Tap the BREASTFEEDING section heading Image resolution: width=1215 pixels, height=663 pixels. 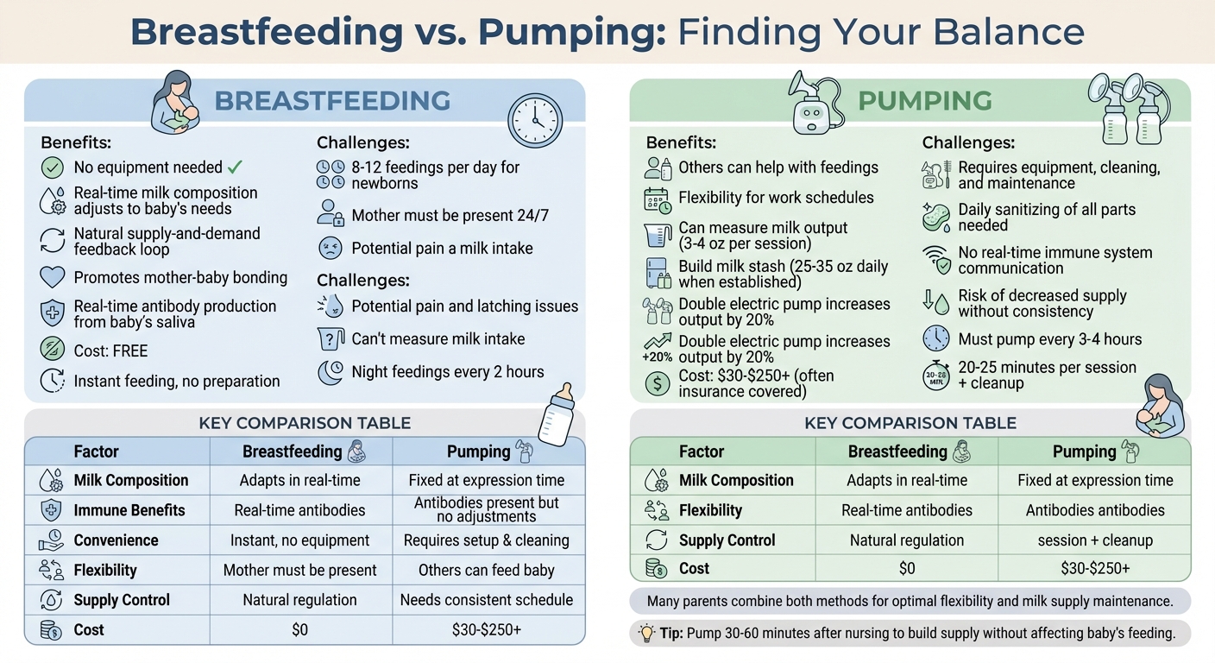[332, 100]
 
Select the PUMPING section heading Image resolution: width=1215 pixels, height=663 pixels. [924, 100]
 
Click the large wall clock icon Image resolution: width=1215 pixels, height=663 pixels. [534, 120]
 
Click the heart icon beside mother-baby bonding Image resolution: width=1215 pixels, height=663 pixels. [53, 277]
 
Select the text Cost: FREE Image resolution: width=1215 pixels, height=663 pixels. [110, 350]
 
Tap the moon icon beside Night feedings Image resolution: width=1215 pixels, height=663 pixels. [331, 372]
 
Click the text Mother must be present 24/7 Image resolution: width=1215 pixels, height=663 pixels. [450, 215]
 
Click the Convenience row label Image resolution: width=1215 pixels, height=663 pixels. [116, 540]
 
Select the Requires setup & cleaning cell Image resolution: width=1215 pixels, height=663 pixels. [487, 540]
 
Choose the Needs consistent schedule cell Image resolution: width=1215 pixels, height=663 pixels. [487, 600]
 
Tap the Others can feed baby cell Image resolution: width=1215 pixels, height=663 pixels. [487, 570]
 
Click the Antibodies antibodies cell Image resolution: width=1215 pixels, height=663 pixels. [1095, 510]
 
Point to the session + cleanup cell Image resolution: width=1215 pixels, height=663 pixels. [1095, 540]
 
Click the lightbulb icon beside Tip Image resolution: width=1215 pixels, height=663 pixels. [646, 633]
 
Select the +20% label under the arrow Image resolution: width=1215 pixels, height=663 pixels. [658, 356]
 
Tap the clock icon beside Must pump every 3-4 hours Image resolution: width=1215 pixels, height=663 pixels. [936, 338]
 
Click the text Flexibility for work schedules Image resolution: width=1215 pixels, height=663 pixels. [776, 198]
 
